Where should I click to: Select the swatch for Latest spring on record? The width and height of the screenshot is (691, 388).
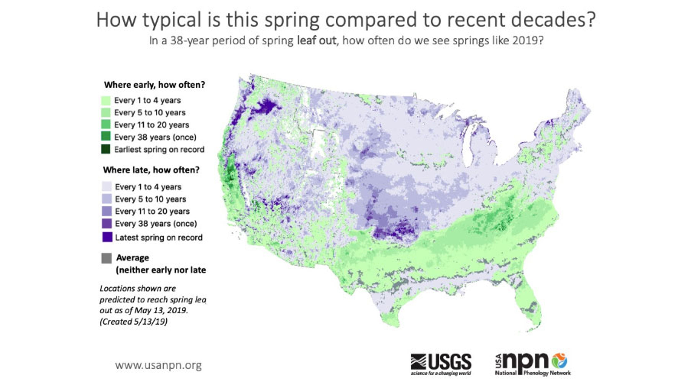coord(107,237)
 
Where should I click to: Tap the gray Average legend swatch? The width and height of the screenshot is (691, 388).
coord(107,258)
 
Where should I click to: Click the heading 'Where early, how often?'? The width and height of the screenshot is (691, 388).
coord(155,85)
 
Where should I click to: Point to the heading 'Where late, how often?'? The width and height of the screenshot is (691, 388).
coord(151,170)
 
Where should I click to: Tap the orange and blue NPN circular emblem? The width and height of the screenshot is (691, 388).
coord(560,360)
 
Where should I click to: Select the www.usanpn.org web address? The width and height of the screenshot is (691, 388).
coord(158,365)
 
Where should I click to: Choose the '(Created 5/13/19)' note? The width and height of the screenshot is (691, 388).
coord(134,322)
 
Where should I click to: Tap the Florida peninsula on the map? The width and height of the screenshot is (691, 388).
coord(530,308)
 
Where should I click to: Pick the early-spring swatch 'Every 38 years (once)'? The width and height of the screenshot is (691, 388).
coord(106,137)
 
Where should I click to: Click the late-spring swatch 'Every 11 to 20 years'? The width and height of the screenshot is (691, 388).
coord(107,211)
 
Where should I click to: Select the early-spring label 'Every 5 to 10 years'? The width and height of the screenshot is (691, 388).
coord(150,112)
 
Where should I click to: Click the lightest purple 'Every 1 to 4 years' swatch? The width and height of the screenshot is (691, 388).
coord(107,187)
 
